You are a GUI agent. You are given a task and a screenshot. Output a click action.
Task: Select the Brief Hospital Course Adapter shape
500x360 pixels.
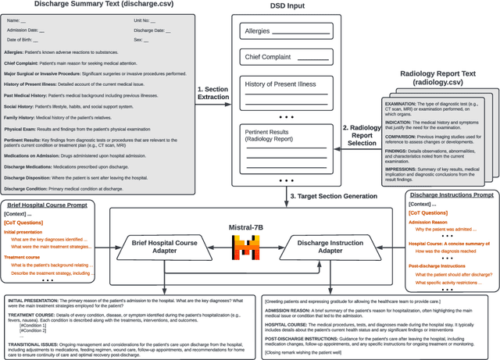pos(164,247)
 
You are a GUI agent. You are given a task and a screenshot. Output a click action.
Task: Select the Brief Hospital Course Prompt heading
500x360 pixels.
pos(53,205)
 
